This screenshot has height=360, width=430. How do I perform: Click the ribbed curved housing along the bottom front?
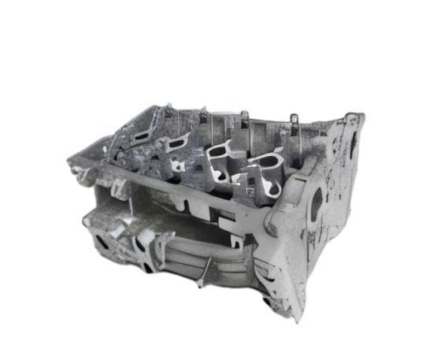pyautogui.click(x=189, y=252)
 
